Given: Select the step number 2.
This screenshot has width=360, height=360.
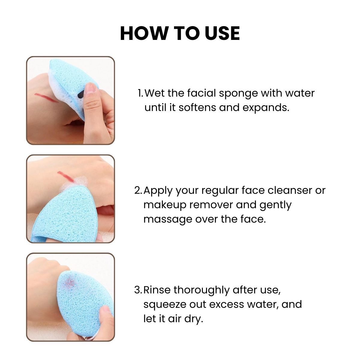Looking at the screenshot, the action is pyautogui.click(x=138, y=190).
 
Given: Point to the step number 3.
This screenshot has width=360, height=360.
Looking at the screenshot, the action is pyautogui.click(x=138, y=290).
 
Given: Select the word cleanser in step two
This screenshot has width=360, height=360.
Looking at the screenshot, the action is pyautogui.click(x=290, y=190).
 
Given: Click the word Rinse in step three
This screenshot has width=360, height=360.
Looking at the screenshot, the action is pyautogui.click(x=157, y=290).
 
